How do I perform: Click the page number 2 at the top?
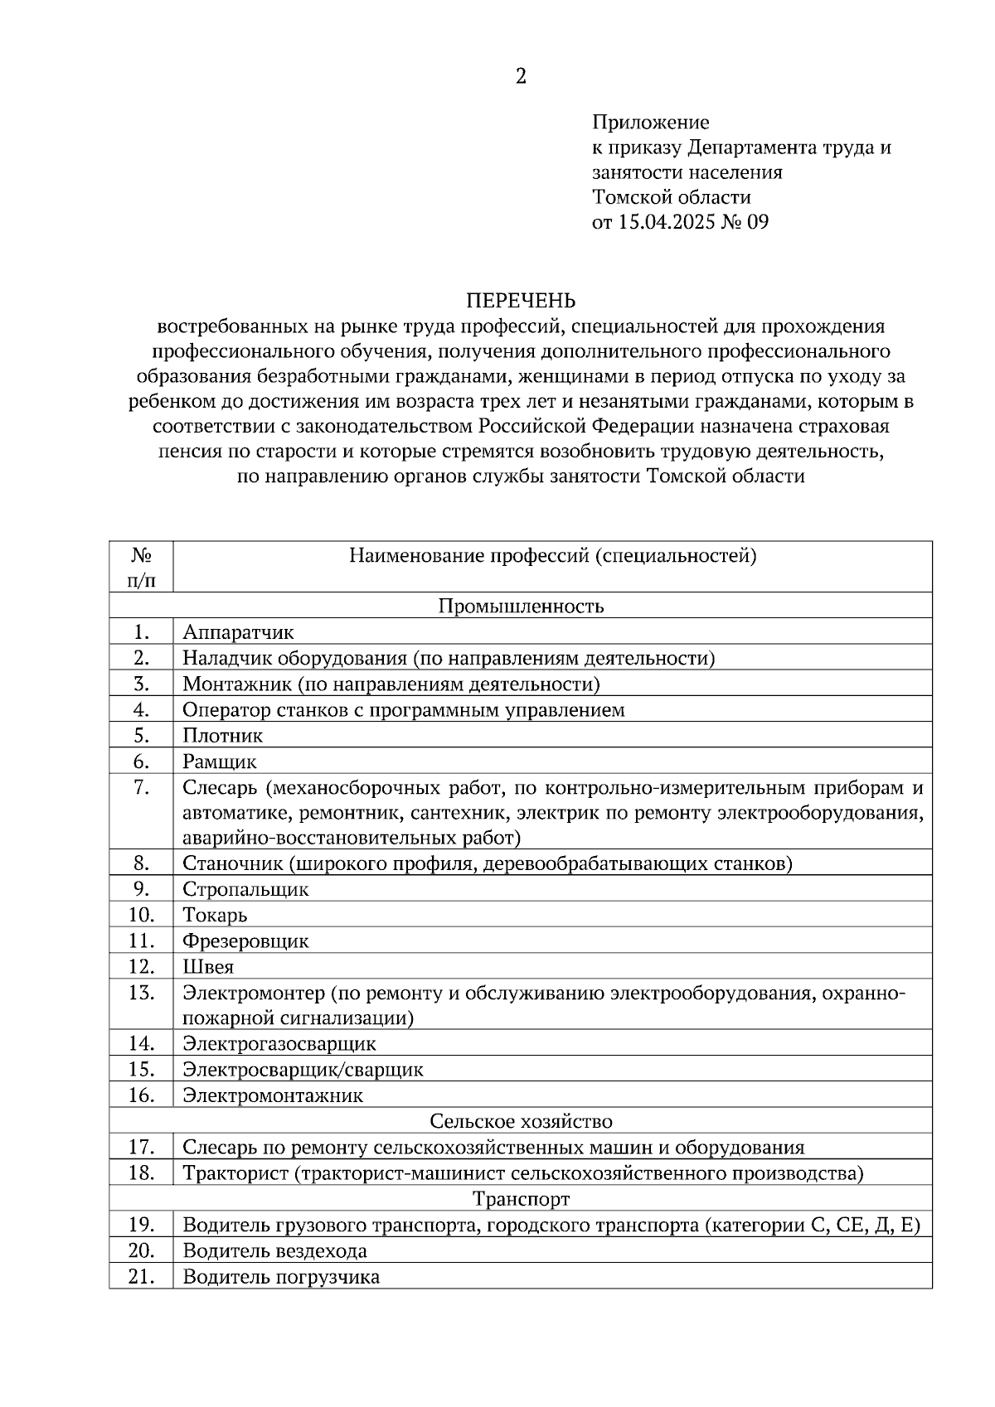pos(521,77)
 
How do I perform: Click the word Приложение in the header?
pos(650,123)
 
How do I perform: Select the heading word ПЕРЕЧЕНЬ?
pos(520,300)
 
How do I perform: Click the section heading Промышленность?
pos(521,606)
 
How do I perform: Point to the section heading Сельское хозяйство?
pos(521,1121)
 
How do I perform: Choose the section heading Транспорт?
pos(521,1198)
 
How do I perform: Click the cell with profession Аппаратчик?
pos(238,632)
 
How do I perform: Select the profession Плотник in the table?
pos(222,735)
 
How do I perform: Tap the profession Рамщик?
pos(220,762)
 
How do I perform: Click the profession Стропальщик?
pos(245,889)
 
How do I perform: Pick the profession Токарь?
pos(215,915)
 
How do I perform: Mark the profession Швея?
pos(208,966)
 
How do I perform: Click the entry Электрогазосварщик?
pos(279,1043)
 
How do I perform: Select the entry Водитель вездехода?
pos(274,1250)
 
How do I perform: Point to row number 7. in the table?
pos(141,787)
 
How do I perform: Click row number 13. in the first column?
pos(141,992)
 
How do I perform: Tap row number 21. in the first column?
pos(141,1276)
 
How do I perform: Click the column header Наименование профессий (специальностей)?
pos(552,555)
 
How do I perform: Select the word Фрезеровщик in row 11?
pos(245,940)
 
